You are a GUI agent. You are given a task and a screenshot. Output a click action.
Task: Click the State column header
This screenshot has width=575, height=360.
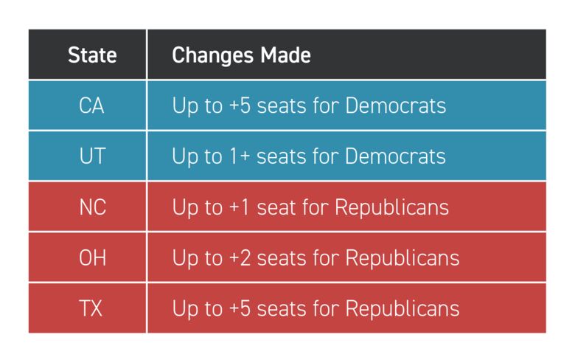coord(91,55)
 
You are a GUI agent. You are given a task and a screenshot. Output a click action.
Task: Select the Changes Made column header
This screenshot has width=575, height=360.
coord(241,55)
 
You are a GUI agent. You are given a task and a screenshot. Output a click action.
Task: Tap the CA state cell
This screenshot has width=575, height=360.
coord(91,105)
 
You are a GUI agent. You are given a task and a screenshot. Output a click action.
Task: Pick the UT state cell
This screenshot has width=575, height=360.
coord(91,156)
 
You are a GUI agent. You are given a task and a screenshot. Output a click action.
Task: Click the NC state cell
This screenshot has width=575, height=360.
coord(91,207)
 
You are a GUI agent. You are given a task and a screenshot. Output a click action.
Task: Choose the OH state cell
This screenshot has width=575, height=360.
coord(91,257)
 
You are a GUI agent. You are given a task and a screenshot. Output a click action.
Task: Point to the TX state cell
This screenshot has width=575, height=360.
coord(91,308)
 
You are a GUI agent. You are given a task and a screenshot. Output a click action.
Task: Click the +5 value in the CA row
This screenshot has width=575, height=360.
coord(239,105)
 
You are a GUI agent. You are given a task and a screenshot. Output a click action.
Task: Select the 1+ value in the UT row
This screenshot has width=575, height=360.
coord(239,156)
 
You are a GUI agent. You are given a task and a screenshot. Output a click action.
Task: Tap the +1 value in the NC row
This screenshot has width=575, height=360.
coord(239,207)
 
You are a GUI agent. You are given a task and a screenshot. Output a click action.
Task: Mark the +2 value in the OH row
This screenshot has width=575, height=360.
coord(239,257)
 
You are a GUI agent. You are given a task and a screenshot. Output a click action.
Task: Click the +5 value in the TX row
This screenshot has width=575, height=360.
coord(239,308)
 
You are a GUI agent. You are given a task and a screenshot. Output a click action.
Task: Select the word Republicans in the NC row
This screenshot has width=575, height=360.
coord(391,207)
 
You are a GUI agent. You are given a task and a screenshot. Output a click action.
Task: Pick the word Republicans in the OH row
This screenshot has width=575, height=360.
coord(402,257)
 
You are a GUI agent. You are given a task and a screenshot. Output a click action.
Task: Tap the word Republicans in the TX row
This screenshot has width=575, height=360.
coord(402,308)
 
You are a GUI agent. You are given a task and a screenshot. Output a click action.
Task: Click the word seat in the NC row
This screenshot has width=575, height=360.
coord(274,207)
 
